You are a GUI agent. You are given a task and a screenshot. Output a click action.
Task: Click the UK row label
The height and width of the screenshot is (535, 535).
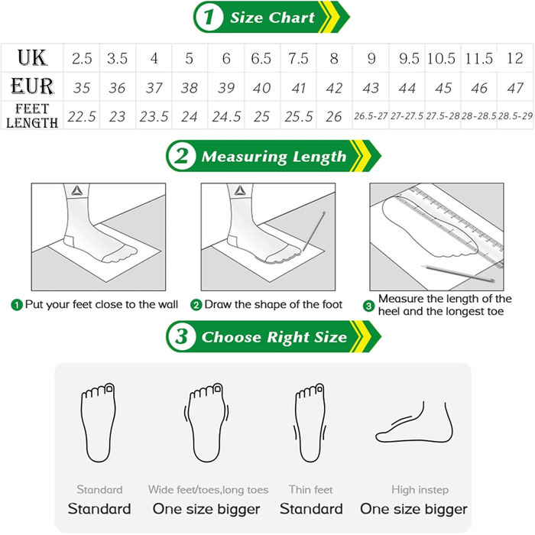(x=32, y=57)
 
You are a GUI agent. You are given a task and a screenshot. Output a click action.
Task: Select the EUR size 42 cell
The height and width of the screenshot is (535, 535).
(x=334, y=88)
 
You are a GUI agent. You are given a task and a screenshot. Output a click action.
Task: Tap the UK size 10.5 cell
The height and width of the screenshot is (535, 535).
(x=442, y=58)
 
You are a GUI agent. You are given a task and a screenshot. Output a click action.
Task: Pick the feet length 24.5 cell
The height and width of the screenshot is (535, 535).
(x=226, y=117)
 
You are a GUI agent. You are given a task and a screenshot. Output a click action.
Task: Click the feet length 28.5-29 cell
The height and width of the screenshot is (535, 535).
(x=515, y=116)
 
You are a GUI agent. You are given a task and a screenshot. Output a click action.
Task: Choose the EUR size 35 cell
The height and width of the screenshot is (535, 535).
(x=82, y=88)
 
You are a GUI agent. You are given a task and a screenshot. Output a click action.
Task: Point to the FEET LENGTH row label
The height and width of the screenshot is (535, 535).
(x=32, y=115)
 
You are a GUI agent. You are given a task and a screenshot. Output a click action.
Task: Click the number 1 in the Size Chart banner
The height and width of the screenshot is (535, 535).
(x=209, y=17)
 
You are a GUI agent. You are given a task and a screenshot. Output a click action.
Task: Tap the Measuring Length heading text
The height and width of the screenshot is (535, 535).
(x=274, y=157)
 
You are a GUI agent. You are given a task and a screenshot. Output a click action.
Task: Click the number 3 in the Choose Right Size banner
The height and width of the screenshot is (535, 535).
(x=181, y=336)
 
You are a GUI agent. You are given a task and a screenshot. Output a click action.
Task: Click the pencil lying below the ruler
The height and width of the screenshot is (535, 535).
(x=458, y=274)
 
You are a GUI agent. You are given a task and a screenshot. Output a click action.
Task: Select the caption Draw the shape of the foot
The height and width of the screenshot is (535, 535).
(x=274, y=304)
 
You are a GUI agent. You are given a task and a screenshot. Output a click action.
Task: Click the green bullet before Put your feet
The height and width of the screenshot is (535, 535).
(x=17, y=305)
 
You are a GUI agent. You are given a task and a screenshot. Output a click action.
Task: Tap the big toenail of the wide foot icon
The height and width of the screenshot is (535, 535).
(x=217, y=388)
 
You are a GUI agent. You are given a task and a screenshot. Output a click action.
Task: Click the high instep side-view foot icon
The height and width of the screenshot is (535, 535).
(x=414, y=423)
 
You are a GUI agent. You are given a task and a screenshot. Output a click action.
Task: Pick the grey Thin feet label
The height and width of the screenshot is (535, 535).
(x=310, y=490)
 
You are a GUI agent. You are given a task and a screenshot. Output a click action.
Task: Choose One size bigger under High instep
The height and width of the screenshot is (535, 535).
(x=413, y=509)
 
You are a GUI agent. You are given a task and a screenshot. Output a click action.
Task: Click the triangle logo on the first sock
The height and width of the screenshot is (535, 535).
(x=77, y=190)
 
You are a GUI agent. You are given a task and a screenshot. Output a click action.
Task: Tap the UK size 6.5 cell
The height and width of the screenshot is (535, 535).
(x=261, y=58)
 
